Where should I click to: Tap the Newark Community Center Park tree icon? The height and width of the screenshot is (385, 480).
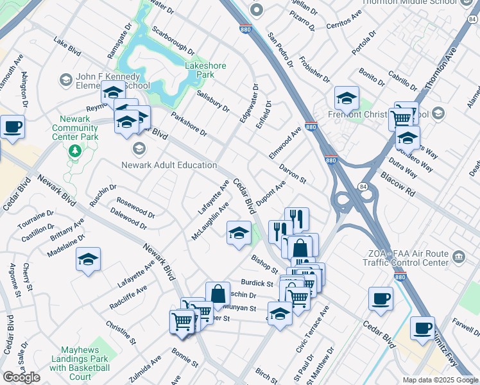pos(76,150)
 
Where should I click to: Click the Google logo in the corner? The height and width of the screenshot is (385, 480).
pos(21,377)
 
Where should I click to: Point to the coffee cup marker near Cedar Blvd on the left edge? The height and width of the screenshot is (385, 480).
pos(12,127)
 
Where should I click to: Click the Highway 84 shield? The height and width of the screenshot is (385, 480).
pos(363,187)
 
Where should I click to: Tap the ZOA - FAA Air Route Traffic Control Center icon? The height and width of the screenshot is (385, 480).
pos(459,257)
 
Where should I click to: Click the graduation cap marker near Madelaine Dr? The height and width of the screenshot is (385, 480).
pos(88,259)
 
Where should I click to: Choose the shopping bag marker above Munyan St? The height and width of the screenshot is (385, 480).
pos(218,294)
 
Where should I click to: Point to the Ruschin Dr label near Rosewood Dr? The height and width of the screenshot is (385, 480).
pos(103,197)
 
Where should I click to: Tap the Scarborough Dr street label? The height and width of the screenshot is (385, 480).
pos(173,40)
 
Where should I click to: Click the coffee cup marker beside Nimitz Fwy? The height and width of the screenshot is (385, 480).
pos(422,329)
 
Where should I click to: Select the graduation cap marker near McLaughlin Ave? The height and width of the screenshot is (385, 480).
pos(239,233)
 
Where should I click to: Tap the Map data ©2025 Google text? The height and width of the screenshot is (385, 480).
pos(440,380)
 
